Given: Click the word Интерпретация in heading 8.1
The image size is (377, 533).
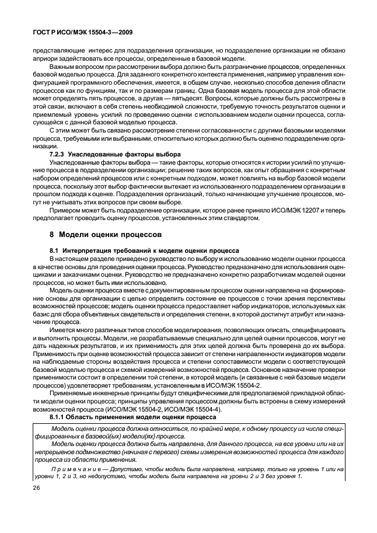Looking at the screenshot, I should tap(87, 250).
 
